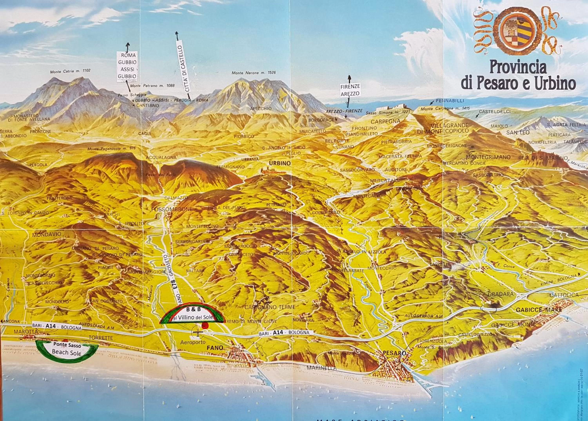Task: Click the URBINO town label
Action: tap(280, 163)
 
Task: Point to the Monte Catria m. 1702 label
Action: tap(70, 71)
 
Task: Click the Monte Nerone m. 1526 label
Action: tap(254, 73)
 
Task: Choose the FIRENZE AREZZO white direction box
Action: tap(350, 90)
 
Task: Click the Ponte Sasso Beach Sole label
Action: tap(67, 349)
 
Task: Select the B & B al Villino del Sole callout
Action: tap(192, 314)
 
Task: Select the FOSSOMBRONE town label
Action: tap(172, 209)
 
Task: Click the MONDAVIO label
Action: tap(47, 235)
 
